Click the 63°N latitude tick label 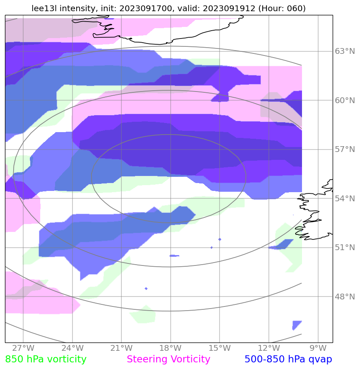(345, 51)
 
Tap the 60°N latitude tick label (345, 100)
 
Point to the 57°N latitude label (345, 150)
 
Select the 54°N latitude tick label (345, 199)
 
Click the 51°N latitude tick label (345, 248)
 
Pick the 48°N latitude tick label (345, 297)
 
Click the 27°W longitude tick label (23, 348)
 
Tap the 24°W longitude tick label (72, 348)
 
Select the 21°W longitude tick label (121, 348)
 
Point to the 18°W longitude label (170, 348)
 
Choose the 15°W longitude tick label (220, 348)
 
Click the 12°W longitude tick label (268, 348)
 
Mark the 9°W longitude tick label (318, 348)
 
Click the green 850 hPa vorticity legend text (46, 359)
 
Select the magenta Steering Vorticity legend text (169, 359)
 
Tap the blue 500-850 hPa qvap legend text (288, 359)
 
